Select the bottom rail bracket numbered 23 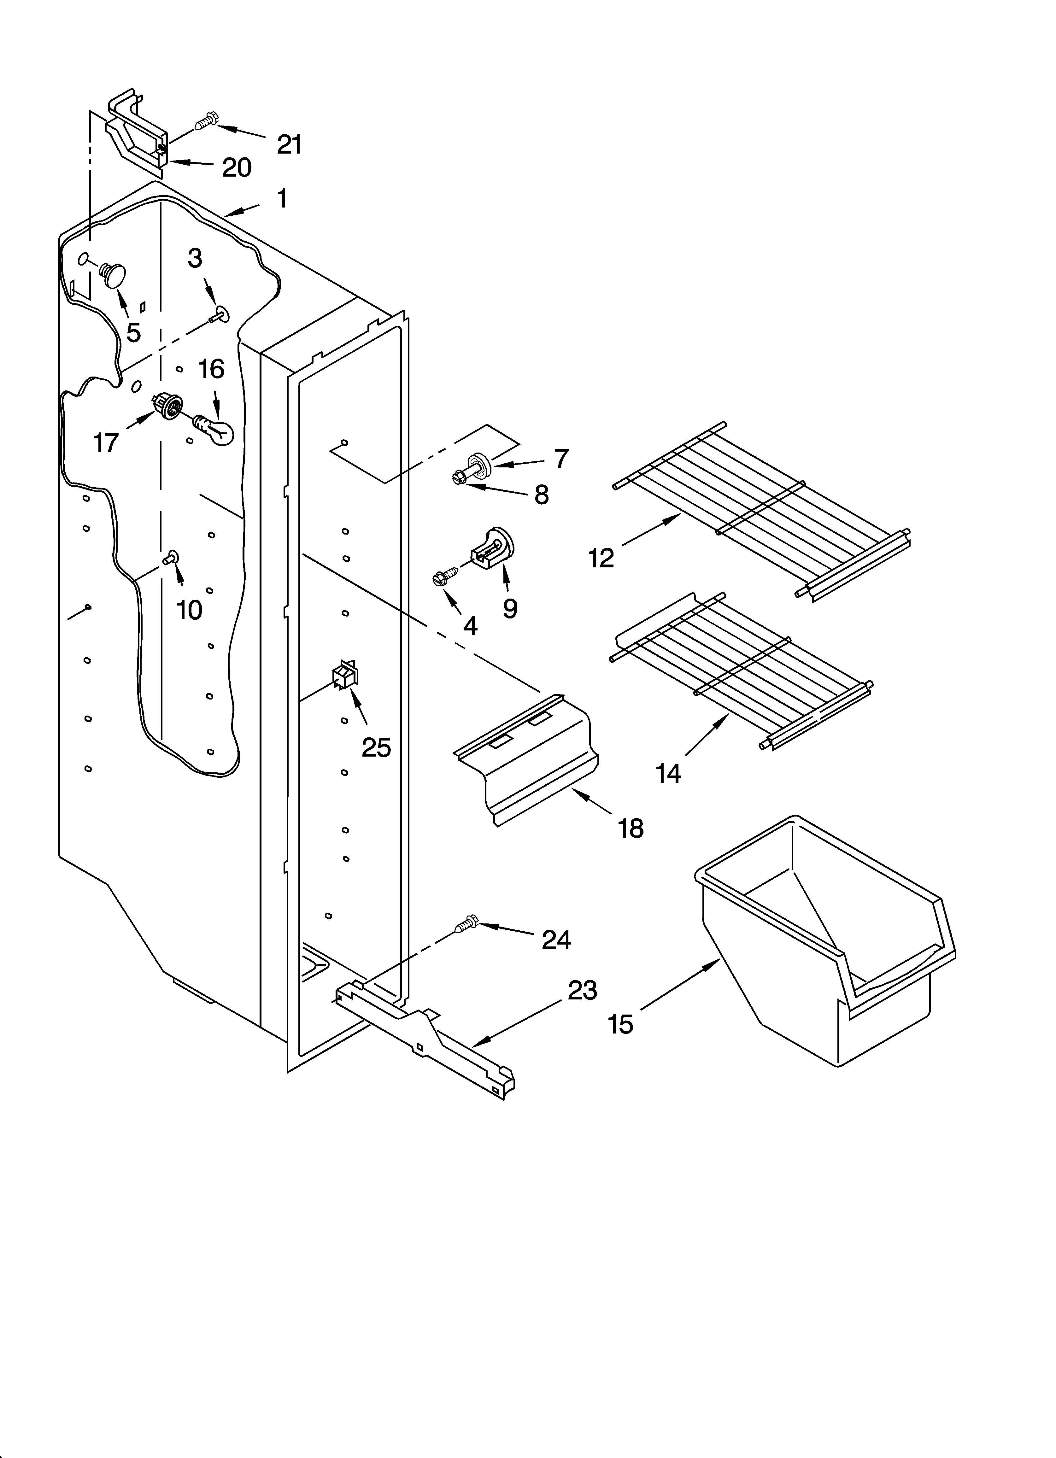[x=425, y=1035]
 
